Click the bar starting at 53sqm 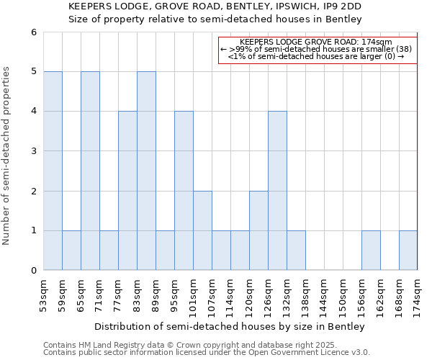[53, 171]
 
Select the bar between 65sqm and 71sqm [90, 171]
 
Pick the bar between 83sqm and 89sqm [146, 171]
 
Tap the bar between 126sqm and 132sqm [277, 191]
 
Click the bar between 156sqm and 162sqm [371, 251]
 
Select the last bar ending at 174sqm [408, 251]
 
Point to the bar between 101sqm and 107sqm [202, 230]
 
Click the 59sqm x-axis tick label [62, 293]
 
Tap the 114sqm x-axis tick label [230, 294]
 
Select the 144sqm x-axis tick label [324, 294]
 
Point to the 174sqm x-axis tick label [418, 294]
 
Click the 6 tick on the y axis [33, 32]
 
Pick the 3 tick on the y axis [33, 151]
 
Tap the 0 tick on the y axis [33, 271]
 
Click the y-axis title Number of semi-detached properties [7, 156]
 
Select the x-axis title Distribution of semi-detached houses [230, 326]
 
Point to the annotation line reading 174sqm [317, 42]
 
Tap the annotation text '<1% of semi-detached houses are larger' [317, 56]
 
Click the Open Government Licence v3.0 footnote [207, 352]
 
